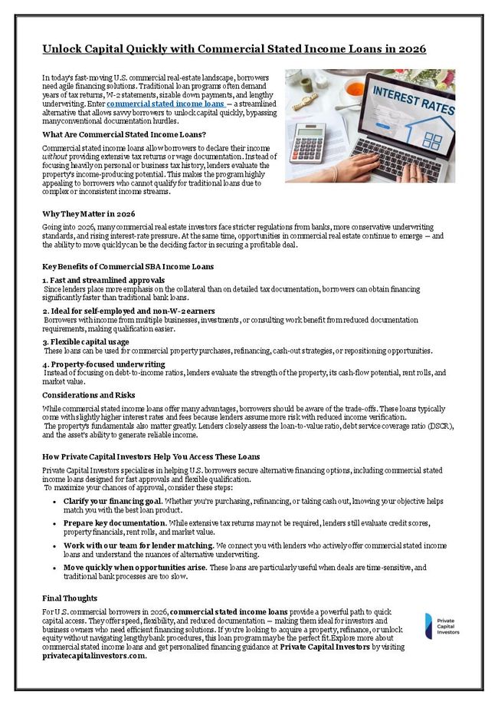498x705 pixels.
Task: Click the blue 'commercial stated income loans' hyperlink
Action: [165, 104]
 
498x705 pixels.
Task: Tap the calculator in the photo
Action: [307, 142]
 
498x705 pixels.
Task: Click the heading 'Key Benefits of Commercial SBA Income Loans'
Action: [127, 266]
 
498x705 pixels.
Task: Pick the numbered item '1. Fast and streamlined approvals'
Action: [103, 281]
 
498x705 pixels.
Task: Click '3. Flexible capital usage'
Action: [86, 341]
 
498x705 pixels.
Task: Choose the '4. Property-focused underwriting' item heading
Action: [103, 364]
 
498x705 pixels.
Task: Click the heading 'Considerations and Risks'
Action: [88, 395]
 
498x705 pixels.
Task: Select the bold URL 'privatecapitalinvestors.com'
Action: [93, 656]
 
